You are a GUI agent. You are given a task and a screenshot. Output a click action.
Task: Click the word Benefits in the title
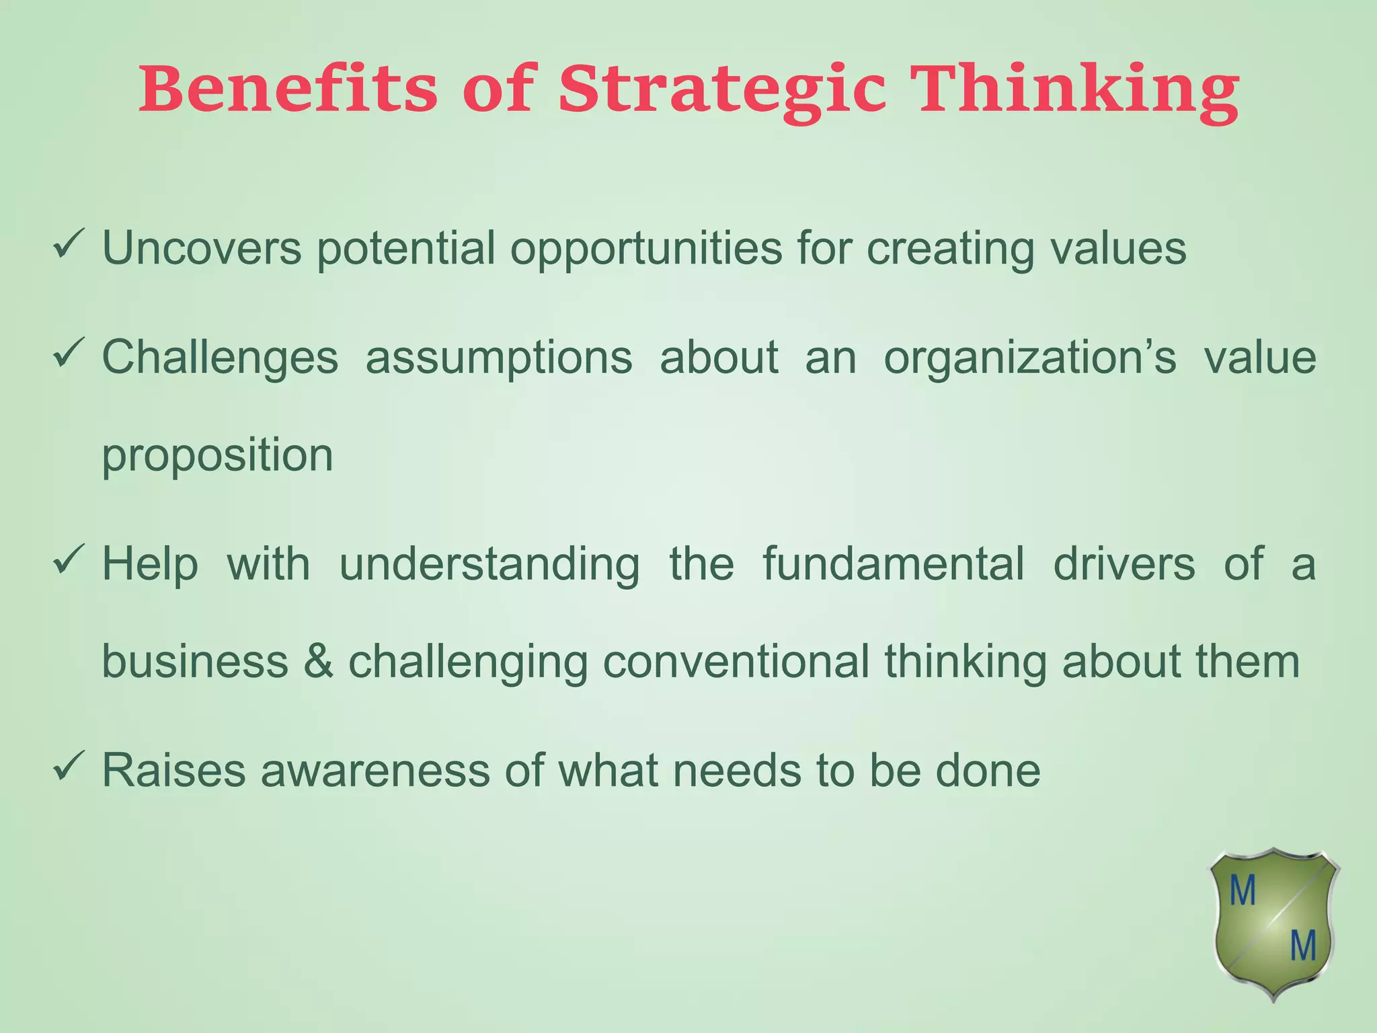(x=289, y=89)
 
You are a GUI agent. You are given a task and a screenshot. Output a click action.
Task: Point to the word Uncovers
(x=202, y=248)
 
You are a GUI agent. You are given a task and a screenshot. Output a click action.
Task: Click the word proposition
(x=217, y=457)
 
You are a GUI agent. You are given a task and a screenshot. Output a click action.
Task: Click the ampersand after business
(x=318, y=662)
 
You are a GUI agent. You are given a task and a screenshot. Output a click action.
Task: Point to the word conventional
(x=736, y=662)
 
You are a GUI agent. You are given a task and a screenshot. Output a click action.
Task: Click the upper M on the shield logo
(x=1243, y=892)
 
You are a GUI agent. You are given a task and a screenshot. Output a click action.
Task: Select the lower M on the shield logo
(x=1302, y=947)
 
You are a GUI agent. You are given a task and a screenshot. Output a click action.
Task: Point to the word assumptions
(x=499, y=358)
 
